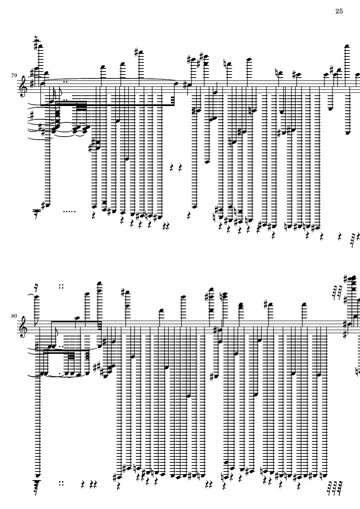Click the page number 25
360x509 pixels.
(x=338, y=11)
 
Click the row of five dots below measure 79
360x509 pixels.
(x=69, y=211)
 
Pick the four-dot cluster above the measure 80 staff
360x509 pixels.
(x=62, y=285)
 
